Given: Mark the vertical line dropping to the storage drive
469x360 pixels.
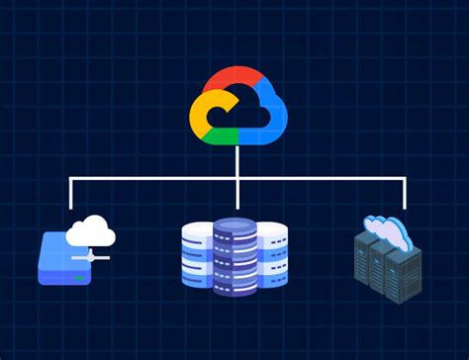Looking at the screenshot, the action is click(x=71, y=194).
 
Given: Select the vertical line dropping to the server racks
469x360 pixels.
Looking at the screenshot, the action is click(x=404, y=194).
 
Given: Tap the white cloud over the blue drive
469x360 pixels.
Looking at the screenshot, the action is click(x=91, y=233).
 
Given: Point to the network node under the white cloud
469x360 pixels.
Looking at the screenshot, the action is click(x=91, y=255).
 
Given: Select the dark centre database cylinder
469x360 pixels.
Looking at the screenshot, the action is click(x=235, y=262).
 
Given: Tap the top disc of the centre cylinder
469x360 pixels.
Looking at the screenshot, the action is click(x=235, y=225).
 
